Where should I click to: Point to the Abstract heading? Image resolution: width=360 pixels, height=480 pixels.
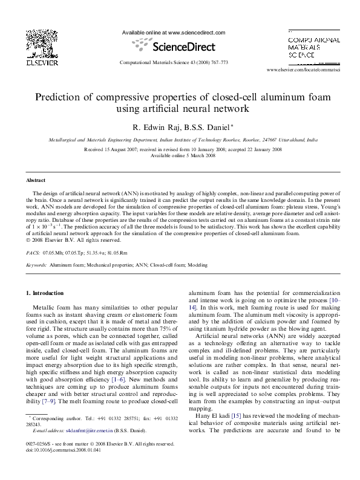point(36,181)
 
